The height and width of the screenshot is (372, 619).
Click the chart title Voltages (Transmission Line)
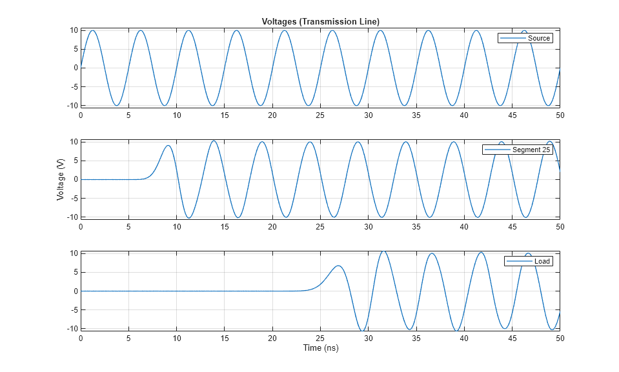(x=320, y=22)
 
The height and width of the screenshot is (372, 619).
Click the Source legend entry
(x=538, y=38)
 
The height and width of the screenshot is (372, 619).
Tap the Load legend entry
(x=542, y=261)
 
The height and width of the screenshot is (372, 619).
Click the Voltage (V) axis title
(x=61, y=180)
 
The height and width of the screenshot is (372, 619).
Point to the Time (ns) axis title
(x=320, y=348)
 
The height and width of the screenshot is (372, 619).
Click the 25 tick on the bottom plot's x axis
(x=320, y=338)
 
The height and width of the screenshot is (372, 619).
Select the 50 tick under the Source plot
(x=560, y=115)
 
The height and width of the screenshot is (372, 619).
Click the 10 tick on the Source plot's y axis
(x=74, y=30)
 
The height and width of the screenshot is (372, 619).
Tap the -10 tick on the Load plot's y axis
(x=72, y=328)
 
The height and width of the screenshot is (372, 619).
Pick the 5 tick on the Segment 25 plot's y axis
(x=75, y=161)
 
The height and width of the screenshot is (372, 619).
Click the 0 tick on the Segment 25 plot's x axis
(x=81, y=226)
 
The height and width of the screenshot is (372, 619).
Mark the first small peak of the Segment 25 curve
(x=168, y=146)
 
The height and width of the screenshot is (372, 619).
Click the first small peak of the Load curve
(x=338, y=266)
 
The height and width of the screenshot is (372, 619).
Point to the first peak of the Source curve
(x=93, y=30)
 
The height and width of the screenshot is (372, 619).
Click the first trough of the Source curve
(x=117, y=105)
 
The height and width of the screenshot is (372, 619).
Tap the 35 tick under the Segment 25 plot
(x=416, y=226)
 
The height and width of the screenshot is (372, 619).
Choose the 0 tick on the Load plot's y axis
(x=75, y=291)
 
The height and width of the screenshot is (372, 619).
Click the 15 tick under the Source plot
(x=225, y=115)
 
